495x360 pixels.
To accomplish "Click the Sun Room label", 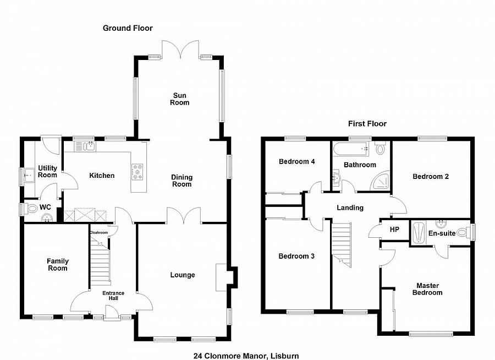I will coord(179,99).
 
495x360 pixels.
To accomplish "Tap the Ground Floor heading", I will coord(128,28).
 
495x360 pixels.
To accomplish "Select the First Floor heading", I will coord(367,124).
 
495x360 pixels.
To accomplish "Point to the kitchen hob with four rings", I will coord(137,172).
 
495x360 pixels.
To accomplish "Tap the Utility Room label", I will coord(47,172).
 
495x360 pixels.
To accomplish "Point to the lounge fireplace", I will coord(221,277).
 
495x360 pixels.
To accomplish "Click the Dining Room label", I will coord(182,181).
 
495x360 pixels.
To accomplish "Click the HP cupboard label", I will coord(394,230).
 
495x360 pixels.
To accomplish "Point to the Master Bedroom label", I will coord(428,289).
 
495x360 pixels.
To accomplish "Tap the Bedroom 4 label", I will coord(297,162).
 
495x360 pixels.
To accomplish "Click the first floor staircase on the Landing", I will coord(342,242).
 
